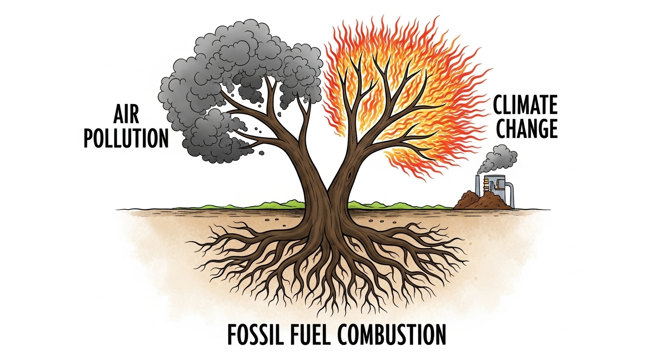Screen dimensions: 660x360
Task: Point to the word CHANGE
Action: [527, 128]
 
